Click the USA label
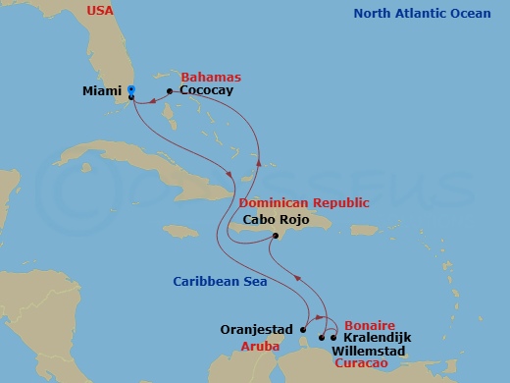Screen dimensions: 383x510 100,11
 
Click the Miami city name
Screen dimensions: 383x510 104,93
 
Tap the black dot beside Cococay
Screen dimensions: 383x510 170,91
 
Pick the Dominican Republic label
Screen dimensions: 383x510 304,203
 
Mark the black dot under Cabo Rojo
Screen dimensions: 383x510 276,236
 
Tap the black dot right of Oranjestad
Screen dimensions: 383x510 303,329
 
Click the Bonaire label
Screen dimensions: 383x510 369,324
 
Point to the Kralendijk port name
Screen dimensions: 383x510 377,338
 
